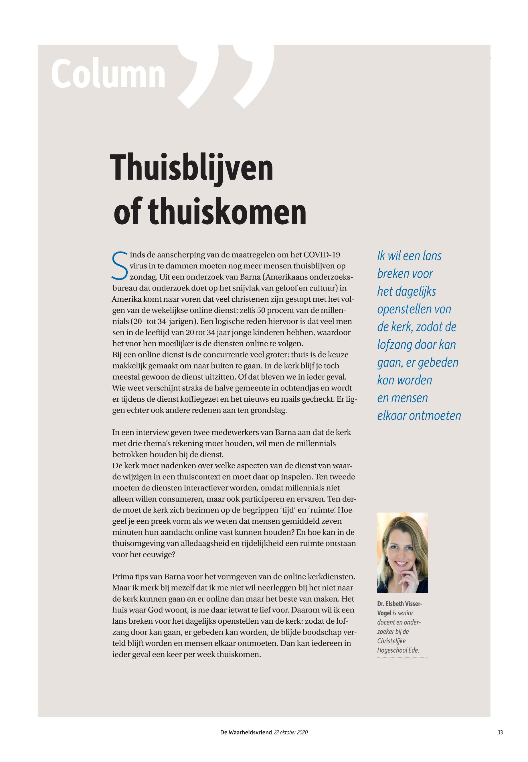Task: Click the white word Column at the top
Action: [108, 74]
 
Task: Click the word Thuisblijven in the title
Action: [191, 168]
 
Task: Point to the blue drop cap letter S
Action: [119, 266]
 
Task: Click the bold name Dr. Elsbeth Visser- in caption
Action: [400, 604]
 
